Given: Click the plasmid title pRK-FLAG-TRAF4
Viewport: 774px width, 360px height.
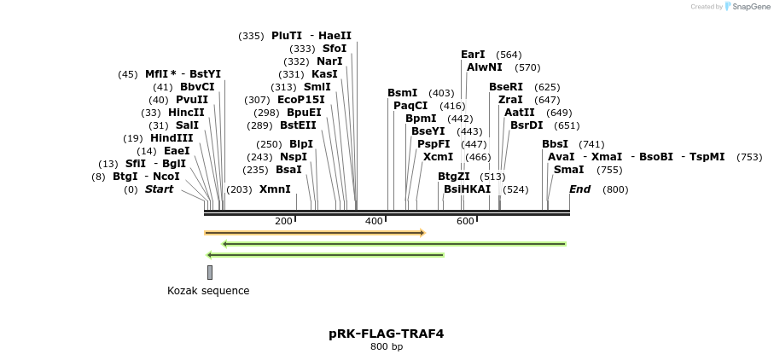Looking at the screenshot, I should (386, 334).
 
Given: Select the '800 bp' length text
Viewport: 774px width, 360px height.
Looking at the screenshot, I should (386, 347).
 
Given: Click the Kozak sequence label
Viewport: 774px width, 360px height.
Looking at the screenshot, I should (208, 291).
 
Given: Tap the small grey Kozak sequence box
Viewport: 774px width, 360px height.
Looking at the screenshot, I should (210, 272).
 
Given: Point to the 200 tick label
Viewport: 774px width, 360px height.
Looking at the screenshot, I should (283, 222).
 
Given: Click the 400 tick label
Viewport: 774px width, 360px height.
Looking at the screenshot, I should (374, 222).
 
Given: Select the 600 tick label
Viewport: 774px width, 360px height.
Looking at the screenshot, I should (465, 222).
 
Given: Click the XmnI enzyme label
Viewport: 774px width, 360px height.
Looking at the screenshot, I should (275, 189).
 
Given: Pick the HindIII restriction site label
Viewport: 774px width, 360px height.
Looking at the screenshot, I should (172, 138).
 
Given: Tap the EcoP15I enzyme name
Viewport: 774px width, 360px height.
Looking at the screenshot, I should (301, 100).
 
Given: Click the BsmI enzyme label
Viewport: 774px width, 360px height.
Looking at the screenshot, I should (403, 93).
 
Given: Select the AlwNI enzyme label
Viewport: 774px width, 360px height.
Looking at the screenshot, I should (485, 67).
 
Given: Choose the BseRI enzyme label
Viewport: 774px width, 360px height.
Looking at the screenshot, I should (506, 87).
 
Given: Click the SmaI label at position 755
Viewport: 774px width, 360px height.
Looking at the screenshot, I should (569, 170).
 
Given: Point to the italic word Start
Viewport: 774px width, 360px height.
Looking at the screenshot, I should (159, 189).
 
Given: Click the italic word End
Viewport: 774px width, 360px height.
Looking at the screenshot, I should (580, 189).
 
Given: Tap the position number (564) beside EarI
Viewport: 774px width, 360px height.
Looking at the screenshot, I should (509, 55).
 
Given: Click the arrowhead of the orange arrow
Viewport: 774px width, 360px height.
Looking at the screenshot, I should (422, 233).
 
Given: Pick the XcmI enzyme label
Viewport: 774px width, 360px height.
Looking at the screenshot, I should (439, 157).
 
